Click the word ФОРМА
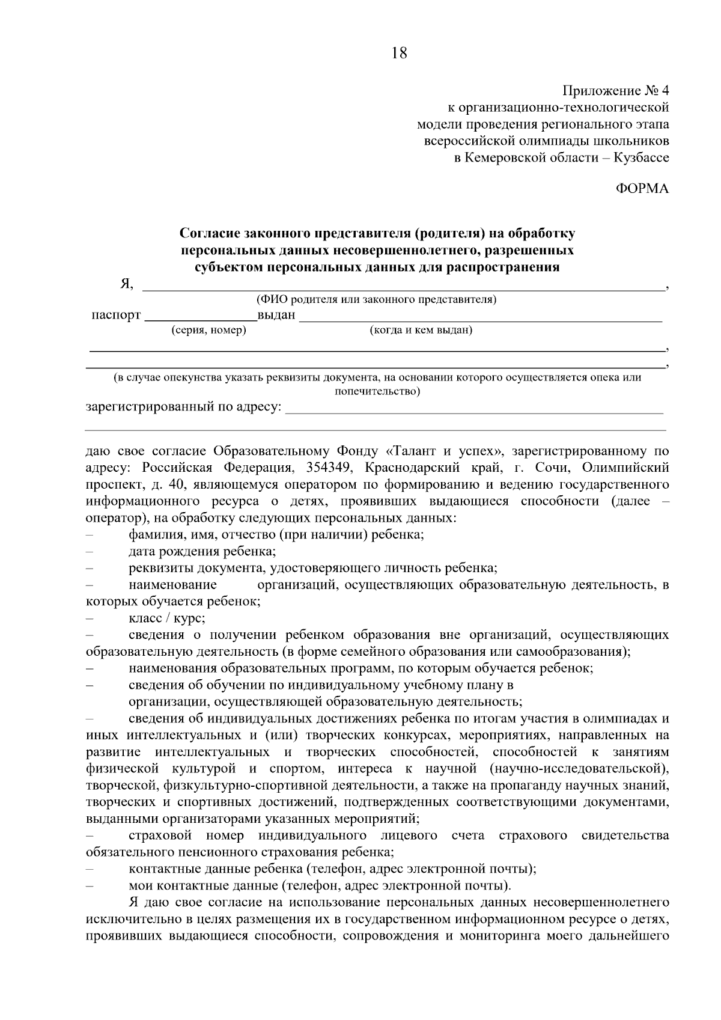pyautogui.click(x=642, y=189)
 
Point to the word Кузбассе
pyautogui.click(x=641, y=158)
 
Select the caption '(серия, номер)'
pyautogui.click(x=208, y=330)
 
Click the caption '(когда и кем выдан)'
pyautogui.click(x=421, y=330)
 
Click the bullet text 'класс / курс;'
pyautogui.click(x=167, y=618)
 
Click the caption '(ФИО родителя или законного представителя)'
pyautogui.click(x=376, y=299)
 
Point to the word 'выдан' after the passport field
pyautogui.click(x=276, y=315)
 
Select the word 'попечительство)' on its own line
pyautogui.click(x=377, y=392)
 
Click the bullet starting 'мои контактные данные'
pyautogui.click(x=320, y=885)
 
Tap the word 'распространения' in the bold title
pyautogui.click(x=508, y=267)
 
